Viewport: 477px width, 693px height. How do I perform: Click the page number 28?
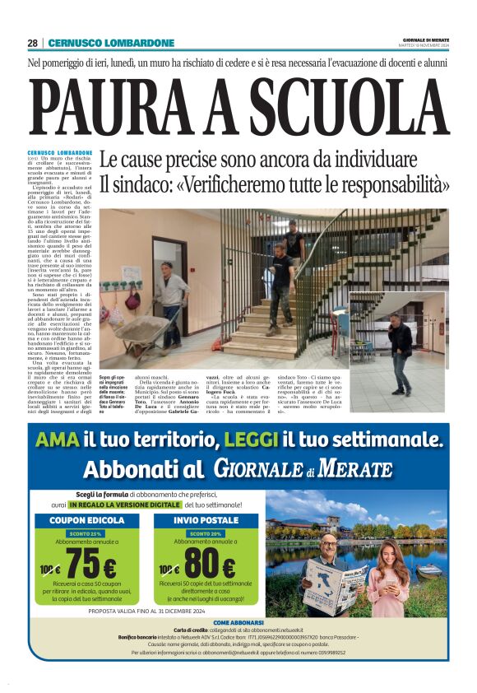pos(33,43)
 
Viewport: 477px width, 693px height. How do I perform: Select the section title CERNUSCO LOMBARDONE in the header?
pos(111,43)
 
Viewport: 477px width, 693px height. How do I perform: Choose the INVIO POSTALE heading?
pos(206,520)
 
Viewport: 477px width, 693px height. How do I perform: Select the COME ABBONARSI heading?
pos(238,622)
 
